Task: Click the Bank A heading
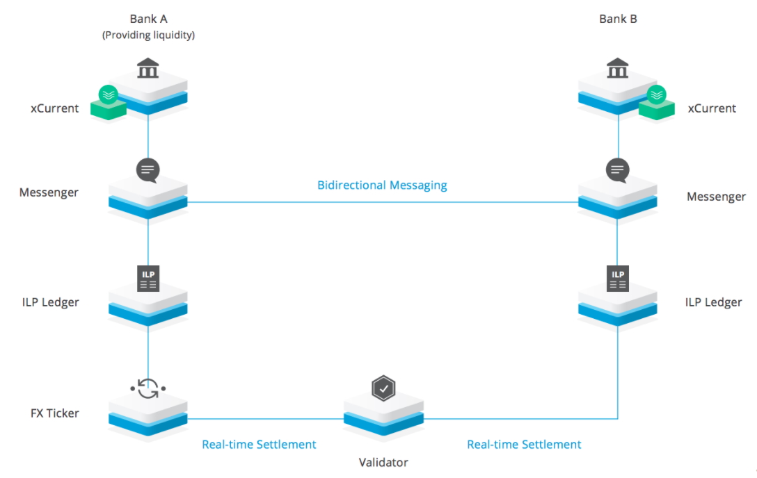[148, 19]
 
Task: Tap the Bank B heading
[618, 19]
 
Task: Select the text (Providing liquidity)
[148, 35]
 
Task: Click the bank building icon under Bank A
[148, 69]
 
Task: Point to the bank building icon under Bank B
[618, 69]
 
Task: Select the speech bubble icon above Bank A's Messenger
[148, 170]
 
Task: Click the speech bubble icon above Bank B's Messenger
[618, 170]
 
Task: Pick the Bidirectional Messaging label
[382, 186]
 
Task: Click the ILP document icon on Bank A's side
[148, 278]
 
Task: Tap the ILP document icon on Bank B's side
[618, 278]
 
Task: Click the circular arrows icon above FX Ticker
[148, 388]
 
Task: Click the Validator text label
[383, 462]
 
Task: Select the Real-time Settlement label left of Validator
[259, 445]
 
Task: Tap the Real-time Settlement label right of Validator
[524, 445]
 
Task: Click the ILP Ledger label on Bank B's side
[714, 302]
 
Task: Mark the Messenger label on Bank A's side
[49, 192]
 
